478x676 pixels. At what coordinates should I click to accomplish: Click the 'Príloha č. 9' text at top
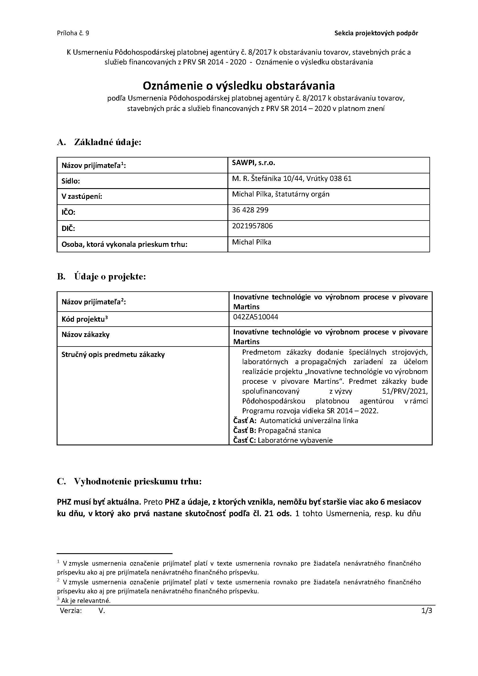pos(73,33)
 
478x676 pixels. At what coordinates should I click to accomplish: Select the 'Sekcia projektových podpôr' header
pos(376,33)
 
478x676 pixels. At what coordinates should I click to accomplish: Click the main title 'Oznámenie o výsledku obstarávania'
pos(239,86)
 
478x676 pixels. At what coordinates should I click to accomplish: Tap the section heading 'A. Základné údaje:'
pos(99,142)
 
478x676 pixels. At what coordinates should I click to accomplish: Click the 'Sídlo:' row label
pos(71,181)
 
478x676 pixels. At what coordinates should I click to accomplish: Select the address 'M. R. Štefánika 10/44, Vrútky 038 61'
pos(292,178)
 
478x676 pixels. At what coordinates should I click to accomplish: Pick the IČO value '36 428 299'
pos(250,210)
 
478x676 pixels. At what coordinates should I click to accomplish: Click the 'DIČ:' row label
pos(68,229)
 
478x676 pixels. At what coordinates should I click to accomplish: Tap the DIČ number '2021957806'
pos(252,226)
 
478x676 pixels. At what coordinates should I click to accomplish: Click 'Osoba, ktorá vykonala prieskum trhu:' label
pos(125,245)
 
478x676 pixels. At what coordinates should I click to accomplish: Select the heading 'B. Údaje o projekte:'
pos(101,277)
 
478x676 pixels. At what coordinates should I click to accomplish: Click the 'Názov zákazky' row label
pos(86,334)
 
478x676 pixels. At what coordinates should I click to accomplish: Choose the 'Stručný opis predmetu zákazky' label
pos(113,355)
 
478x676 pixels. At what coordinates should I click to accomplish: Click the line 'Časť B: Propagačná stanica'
pos(277,430)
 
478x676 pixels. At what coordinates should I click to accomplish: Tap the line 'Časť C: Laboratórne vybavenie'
pos(283,440)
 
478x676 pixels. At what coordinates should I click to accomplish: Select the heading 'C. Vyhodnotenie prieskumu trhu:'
pos(129,481)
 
